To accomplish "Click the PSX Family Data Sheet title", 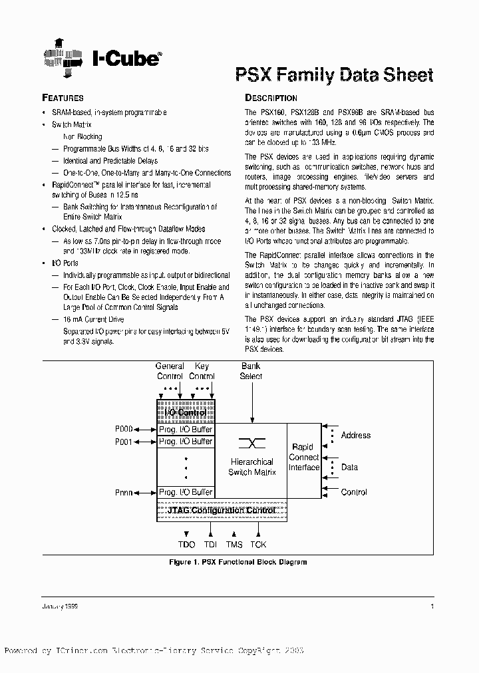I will [335, 74].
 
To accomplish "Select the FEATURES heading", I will [63, 98].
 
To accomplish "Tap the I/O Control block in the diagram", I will [185, 413].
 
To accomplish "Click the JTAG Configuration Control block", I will [222, 511].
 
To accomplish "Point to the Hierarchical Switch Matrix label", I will [251, 467].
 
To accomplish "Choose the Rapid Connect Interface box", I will [303, 457].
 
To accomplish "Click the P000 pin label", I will [124, 430].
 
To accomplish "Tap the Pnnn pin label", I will [124, 493].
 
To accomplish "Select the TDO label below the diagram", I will [187, 545].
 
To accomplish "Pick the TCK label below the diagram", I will [258, 545].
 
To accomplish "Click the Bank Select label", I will [251, 371].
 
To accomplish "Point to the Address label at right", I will [355, 435].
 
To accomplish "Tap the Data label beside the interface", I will [349, 467].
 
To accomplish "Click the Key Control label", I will [202, 371].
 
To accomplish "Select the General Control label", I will [170, 371].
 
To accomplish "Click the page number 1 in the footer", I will [432, 606].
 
